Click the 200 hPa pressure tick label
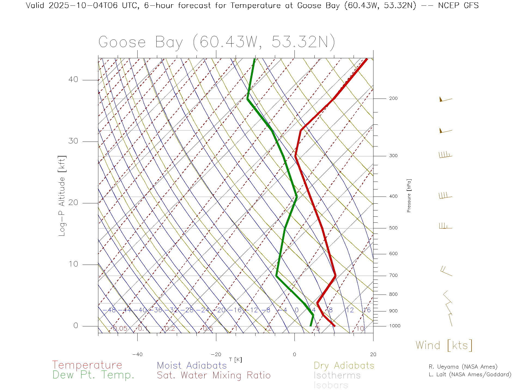click(x=393, y=99)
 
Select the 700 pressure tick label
click(x=393, y=275)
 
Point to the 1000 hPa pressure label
click(x=395, y=326)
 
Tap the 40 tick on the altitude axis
click(x=73, y=79)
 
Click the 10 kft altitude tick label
click(x=73, y=264)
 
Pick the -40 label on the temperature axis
click(x=137, y=354)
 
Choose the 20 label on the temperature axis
click(x=373, y=354)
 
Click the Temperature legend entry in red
click(x=87, y=365)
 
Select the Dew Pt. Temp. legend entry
click(x=93, y=375)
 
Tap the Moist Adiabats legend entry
click(x=192, y=365)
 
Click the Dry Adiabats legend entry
click(x=344, y=365)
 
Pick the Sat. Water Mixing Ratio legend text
click(x=214, y=375)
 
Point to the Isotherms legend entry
click(x=337, y=375)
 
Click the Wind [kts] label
click(x=444, y=345)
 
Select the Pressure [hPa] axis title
click(x=409, y=195)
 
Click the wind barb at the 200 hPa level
click(x=445, y=99)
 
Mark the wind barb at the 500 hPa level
click(x=445, y=226)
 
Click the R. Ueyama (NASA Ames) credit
click(x=463, y=367)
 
